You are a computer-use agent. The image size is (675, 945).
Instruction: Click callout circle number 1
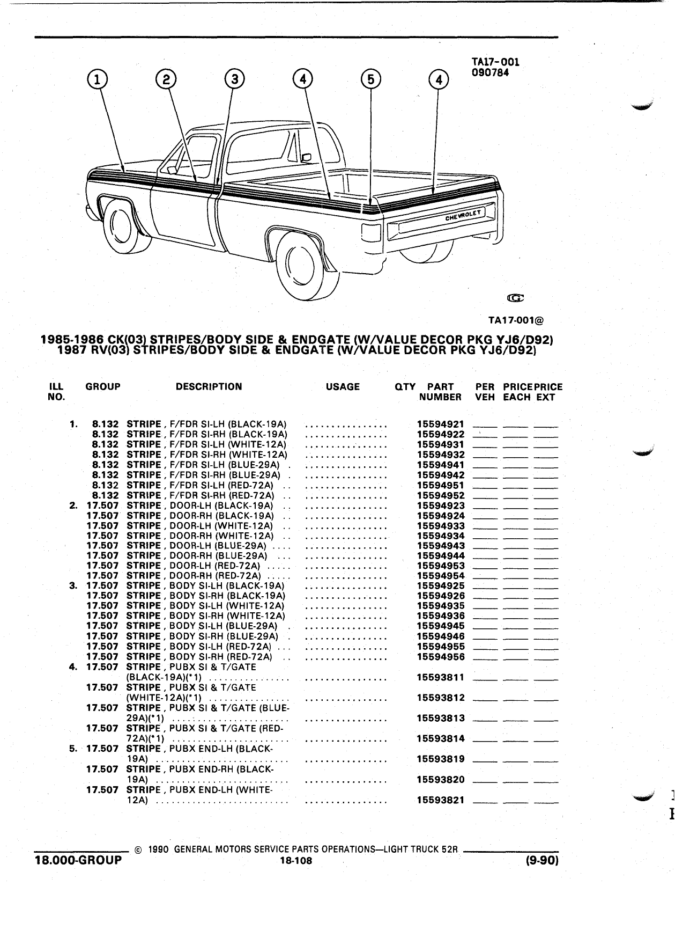(x=97, y=80)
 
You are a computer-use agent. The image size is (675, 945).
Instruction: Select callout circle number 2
(x=166, y=79)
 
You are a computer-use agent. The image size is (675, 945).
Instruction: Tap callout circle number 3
(x=234, y=79)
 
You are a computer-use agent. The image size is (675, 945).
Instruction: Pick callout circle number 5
(x=370, y=79)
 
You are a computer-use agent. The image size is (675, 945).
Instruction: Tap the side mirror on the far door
(x=307, y=157)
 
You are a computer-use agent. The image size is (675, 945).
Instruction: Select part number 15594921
(x=441, y=424)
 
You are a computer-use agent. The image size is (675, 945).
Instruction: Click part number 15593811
(x=441, y=677)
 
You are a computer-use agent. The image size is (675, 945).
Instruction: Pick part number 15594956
(x=441, y=657)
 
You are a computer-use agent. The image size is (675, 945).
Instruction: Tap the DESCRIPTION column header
(x=209, y=386)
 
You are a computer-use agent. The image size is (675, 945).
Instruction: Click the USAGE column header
(x=343, y=386)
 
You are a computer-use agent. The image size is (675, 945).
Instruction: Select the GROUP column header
(x=103, y=386)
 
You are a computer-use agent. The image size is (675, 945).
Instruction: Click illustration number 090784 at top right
(x=491, y=72)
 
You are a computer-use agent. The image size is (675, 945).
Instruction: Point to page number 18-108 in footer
(x=296, y=861)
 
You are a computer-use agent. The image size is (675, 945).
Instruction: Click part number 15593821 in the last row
(x=441, y=800)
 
